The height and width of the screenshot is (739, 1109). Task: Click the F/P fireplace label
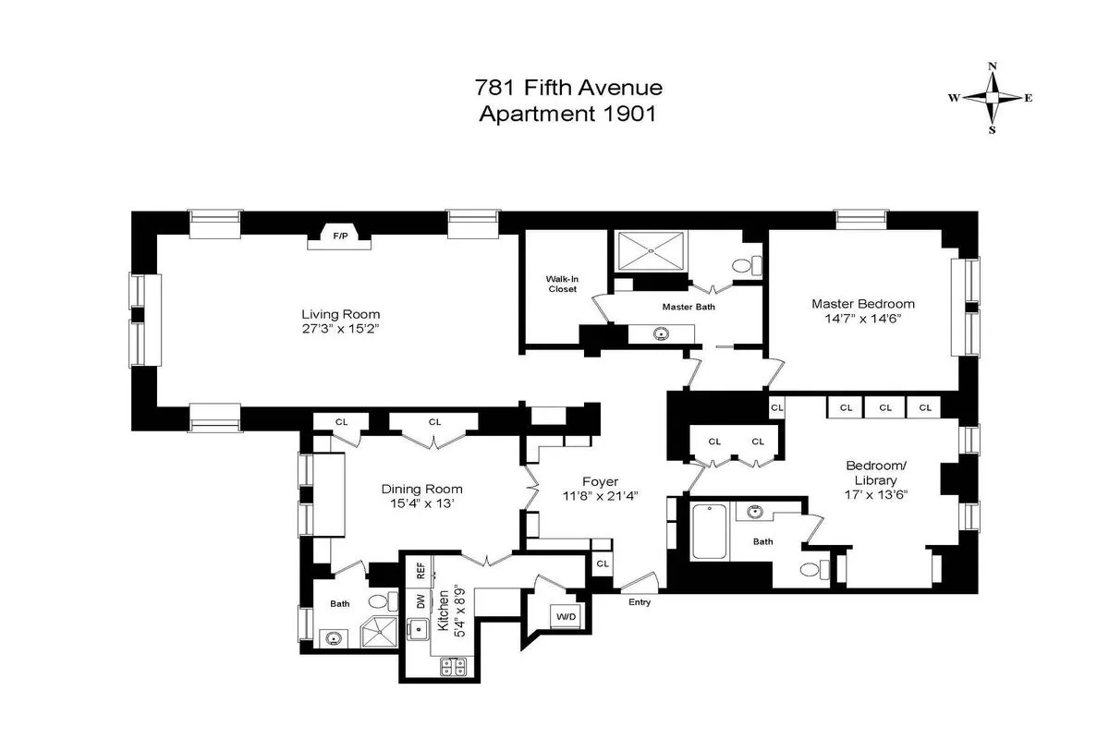pos(340,236)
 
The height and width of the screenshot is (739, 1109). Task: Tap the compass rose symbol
pos(993,98)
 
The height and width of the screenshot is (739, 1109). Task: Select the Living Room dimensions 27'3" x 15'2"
pos(340,329)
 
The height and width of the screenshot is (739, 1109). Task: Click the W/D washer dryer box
pos(563,615)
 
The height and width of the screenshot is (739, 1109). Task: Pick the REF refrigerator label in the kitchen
pos(420,571)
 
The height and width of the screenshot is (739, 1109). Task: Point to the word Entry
pos(640,602)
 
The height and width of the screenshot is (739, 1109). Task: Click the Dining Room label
pos(421,489)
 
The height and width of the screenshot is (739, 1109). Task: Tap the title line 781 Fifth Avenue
pos(568,89)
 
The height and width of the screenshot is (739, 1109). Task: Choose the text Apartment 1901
pos(567,115)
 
